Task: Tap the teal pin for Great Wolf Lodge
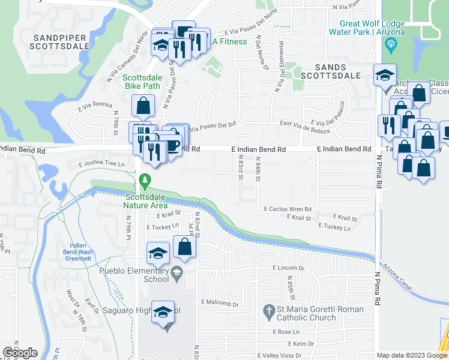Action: [x=392, y=43]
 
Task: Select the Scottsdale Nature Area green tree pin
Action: [x=144, y=180]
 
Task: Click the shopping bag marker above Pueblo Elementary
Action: [x=185, y=247]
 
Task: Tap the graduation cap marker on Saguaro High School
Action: [x=162, y=313]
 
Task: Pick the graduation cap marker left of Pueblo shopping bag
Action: [x=158, y=254]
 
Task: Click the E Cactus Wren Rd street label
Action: [x=287, y=209]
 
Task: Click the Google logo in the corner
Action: [x=19, y=353]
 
